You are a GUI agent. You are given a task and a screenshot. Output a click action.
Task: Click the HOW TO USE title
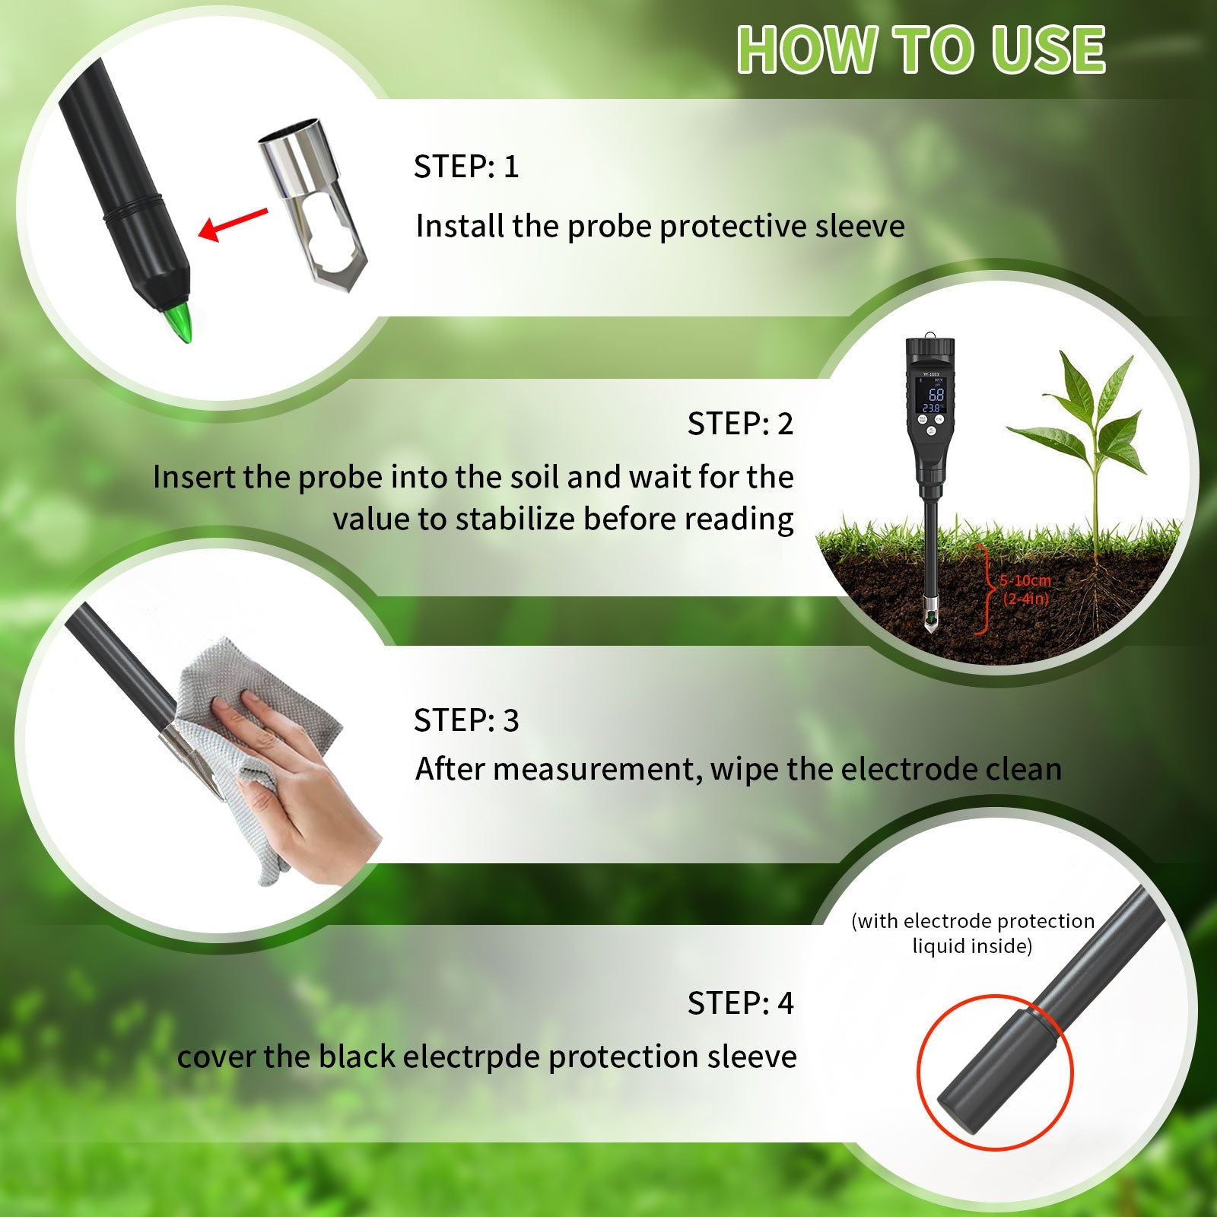(x=920, y=50)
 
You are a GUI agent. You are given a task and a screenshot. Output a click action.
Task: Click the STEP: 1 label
(x=466, y=167)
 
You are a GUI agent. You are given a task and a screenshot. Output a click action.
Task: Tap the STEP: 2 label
(x=739, y=424)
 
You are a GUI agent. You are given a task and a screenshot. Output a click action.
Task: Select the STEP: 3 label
(x=466, y=720)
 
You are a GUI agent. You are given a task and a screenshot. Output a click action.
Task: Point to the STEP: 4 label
(x=739, y=1003)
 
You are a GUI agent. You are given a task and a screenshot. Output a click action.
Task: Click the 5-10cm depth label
(x=1025, y=581)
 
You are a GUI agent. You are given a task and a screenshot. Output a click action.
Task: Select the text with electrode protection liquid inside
(x=972, y=933)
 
